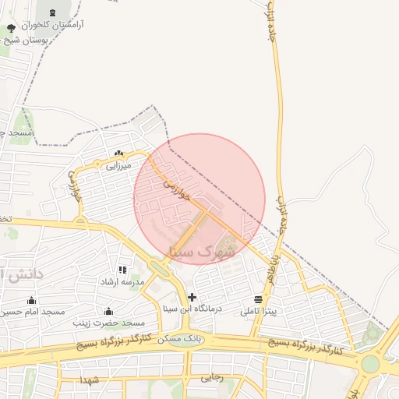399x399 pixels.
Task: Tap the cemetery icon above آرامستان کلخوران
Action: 52,12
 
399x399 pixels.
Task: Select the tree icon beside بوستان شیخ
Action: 10,29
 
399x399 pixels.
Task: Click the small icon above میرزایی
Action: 118,154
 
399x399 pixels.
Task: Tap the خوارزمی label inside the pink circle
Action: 177,186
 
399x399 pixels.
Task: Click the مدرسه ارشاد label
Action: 122,281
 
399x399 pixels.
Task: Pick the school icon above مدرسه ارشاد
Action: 122,270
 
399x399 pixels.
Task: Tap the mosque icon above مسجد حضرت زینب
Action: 108,311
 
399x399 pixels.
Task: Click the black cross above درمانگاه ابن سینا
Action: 192,297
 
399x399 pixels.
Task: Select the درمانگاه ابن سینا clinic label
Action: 192,309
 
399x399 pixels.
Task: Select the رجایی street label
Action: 213,377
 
